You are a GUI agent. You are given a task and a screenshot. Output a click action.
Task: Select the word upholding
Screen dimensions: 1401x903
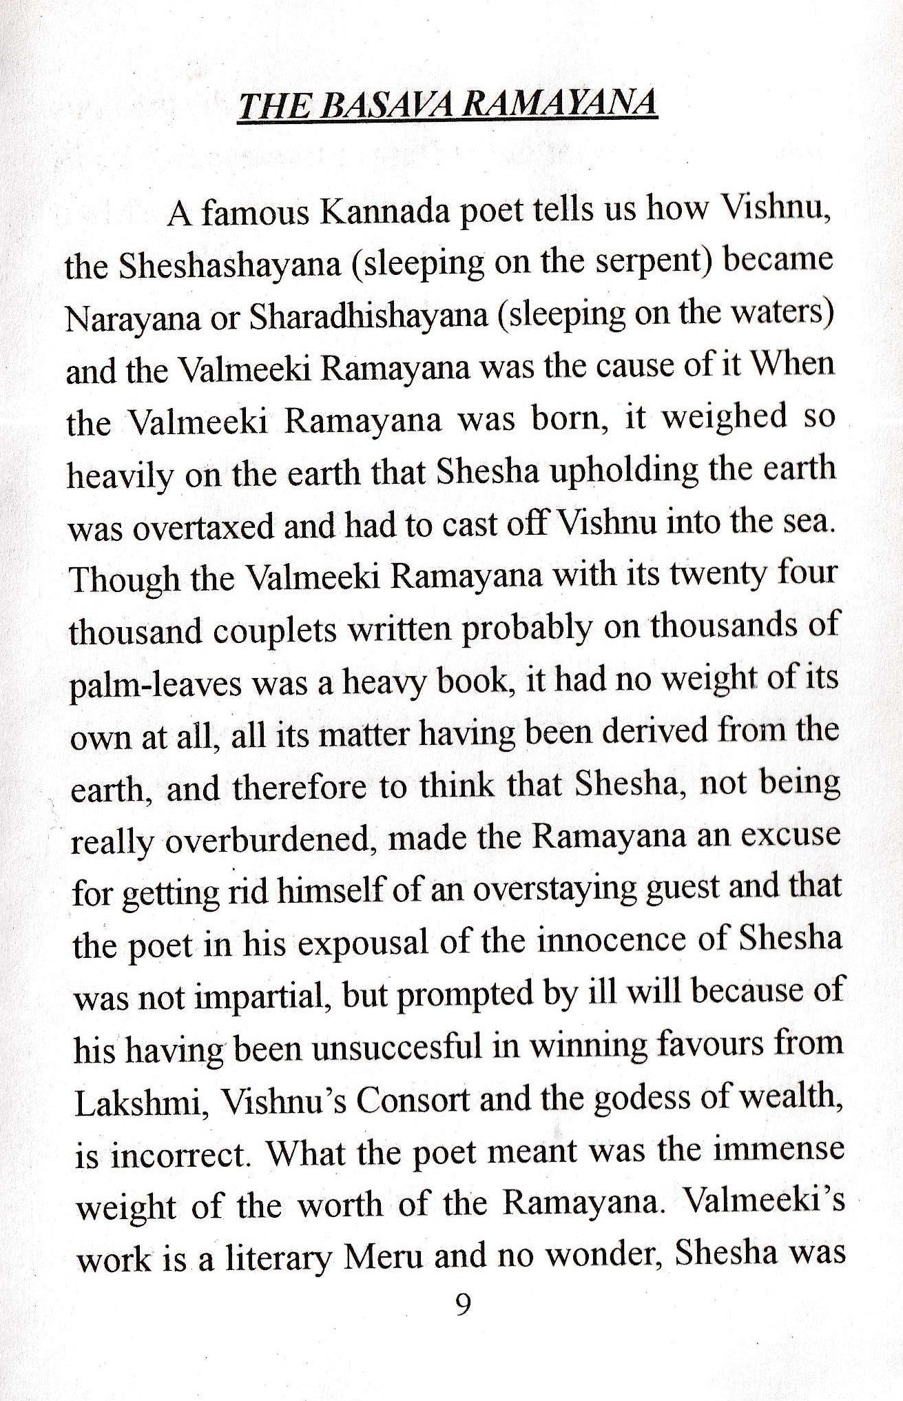click(603, 471)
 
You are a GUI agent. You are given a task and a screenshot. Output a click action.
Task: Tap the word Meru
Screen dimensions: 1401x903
click(385, 1258)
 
